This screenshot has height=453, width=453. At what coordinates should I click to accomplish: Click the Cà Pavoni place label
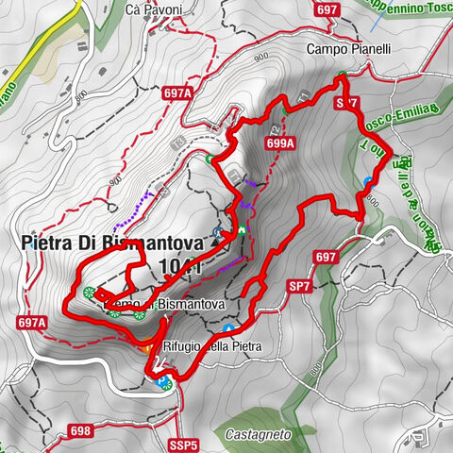coord(155,9)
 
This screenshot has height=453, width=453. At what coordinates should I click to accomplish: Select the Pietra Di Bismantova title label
coord(114,243)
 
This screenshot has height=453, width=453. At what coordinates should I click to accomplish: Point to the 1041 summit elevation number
coord(180,266)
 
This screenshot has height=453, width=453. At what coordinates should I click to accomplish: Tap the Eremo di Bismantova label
coord(166,305)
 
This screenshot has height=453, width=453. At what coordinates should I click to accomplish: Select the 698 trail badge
coord(80,430)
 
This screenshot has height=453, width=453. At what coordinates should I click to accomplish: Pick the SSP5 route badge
coord(186,444)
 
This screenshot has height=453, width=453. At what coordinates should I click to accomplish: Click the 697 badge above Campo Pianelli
coord(328,10)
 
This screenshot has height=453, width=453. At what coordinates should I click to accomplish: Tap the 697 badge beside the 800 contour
coord(326,257)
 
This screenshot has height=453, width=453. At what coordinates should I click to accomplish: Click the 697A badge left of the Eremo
coord(30,322)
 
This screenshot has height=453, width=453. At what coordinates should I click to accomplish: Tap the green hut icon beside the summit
coord(241,229)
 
